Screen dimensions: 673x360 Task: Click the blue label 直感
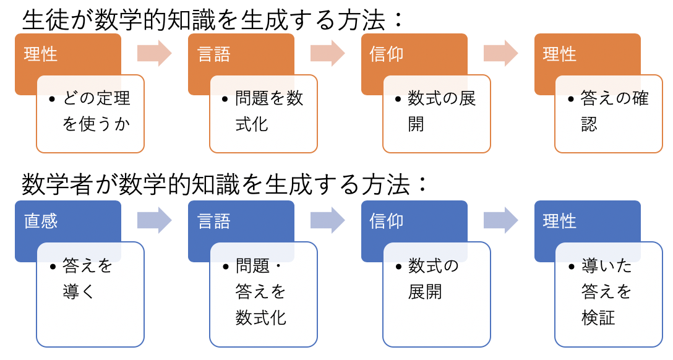coord(41,221)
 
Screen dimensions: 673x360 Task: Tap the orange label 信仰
coord(387,54)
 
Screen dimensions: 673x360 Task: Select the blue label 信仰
coord(387,221)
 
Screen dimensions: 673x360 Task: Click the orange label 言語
coord(214,54)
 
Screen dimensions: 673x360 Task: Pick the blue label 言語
coord(214,221)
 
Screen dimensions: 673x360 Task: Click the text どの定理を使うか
coord(96,111)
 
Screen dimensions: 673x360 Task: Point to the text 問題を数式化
coord(269,111)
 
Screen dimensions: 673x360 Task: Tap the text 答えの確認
coord(614,111)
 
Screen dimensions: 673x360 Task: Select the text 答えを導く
coord(88,278)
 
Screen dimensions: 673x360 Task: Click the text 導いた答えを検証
coord(606,292)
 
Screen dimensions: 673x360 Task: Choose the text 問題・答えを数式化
coord(260,292)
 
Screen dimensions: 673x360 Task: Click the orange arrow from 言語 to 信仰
coord(327,54)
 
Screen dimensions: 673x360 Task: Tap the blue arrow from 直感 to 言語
coord(155,221)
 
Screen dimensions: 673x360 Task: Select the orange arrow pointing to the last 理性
coord(501,54)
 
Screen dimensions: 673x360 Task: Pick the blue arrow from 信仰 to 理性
coord(501,221)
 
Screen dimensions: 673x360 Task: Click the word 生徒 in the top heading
coord(46,20)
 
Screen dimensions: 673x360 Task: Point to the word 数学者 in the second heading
coord(58,184)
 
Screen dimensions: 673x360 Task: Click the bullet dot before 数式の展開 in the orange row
coord(398,100)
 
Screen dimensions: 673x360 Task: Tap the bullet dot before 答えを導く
coord(53,267)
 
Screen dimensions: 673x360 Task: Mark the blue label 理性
coord(560,221)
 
